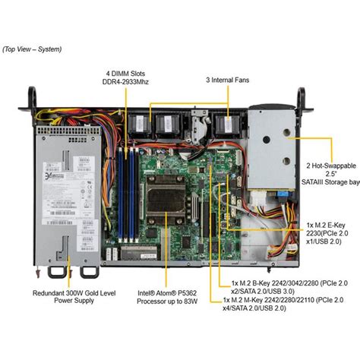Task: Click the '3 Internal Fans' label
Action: (227, 78)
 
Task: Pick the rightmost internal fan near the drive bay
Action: (226, 124)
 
